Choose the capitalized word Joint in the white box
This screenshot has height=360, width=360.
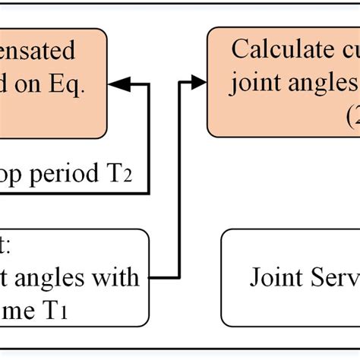coord(277,278)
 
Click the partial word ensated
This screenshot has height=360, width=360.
coord(38,51)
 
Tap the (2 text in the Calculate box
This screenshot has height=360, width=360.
coord(352,115)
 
